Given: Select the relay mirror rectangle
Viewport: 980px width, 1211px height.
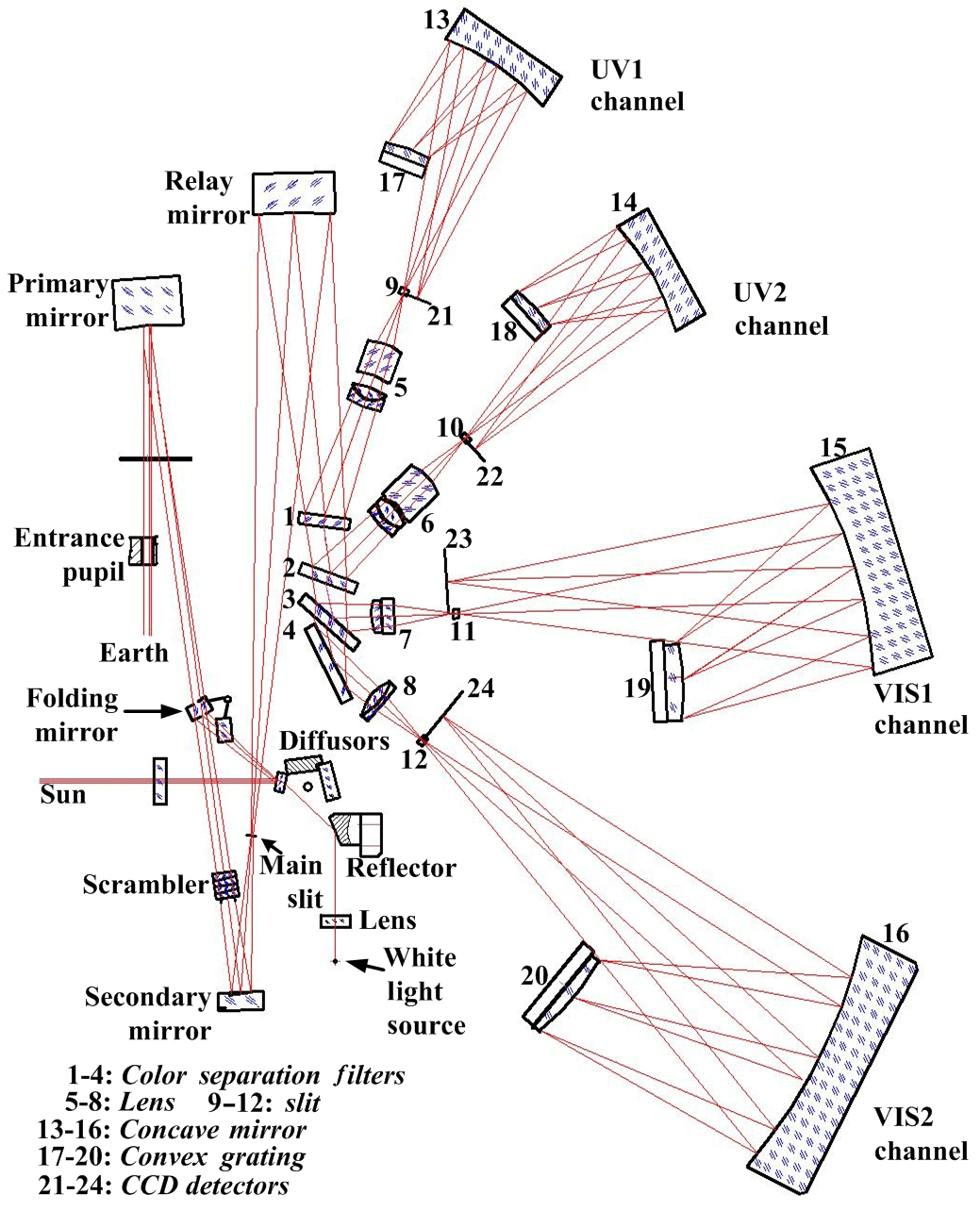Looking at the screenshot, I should point(294,193).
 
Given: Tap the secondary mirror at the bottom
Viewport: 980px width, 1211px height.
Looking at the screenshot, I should point(241,1001).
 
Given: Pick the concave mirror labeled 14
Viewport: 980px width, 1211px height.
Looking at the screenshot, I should point(660,269).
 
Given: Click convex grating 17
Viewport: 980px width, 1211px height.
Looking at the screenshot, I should point(405,159).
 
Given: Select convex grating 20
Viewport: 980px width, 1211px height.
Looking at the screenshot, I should point(560,986).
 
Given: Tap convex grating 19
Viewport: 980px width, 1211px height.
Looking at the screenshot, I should point(667,681).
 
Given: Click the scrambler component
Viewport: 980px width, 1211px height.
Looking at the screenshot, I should point(224,886).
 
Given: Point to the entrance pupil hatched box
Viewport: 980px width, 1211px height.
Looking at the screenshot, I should point(143,551).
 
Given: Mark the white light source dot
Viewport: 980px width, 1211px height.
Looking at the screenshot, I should point(335,961).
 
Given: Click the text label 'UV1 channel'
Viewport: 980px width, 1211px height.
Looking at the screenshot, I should point(637,86).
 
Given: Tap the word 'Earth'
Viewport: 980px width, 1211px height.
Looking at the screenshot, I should point(135,653).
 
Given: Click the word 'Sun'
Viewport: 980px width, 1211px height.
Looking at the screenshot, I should point(63,795).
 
